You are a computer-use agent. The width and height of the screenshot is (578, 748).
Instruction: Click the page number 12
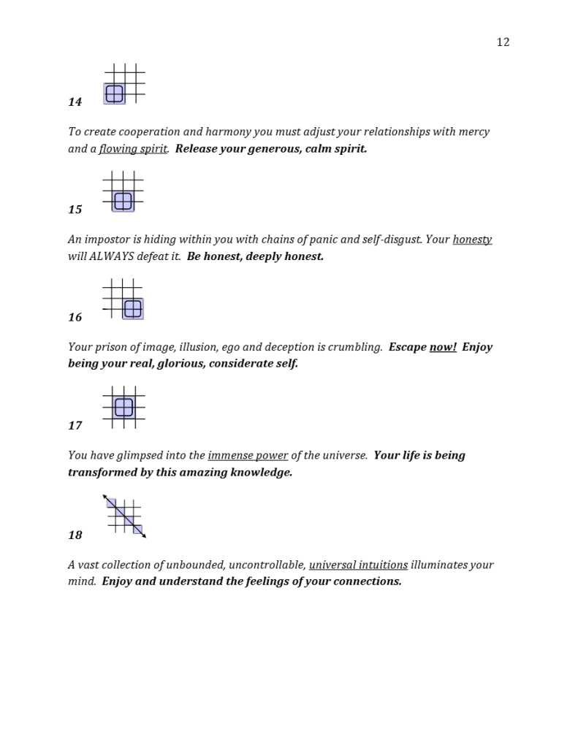coord(503,42)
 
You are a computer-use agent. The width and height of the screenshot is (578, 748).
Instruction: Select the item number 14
coord(75,102)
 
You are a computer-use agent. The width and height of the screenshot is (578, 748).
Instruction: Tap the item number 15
coord(75,210)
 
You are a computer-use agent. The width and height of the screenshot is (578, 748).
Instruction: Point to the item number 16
coord(75,318)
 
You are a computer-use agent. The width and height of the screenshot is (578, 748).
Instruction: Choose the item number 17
coord(75,426)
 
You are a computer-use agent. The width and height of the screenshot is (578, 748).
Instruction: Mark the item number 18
coord(75,535)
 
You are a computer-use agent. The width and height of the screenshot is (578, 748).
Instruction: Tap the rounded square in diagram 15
coord(123,201)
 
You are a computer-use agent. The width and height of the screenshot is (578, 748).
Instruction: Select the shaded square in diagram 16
coord(133,309)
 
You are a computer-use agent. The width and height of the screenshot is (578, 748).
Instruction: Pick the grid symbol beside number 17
coord(123,408)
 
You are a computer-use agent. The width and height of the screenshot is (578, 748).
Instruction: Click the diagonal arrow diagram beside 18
coord(124,516)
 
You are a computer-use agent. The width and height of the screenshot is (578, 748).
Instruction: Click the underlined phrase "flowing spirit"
coord(133,149)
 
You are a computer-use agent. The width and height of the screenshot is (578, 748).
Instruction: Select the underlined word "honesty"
coord(472,240)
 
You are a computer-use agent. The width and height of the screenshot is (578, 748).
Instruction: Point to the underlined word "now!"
coord(443,347)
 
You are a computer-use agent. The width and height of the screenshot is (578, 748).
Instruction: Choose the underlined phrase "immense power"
coord(248,456)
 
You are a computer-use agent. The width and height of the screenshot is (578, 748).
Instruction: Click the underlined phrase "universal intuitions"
coord(358,565)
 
